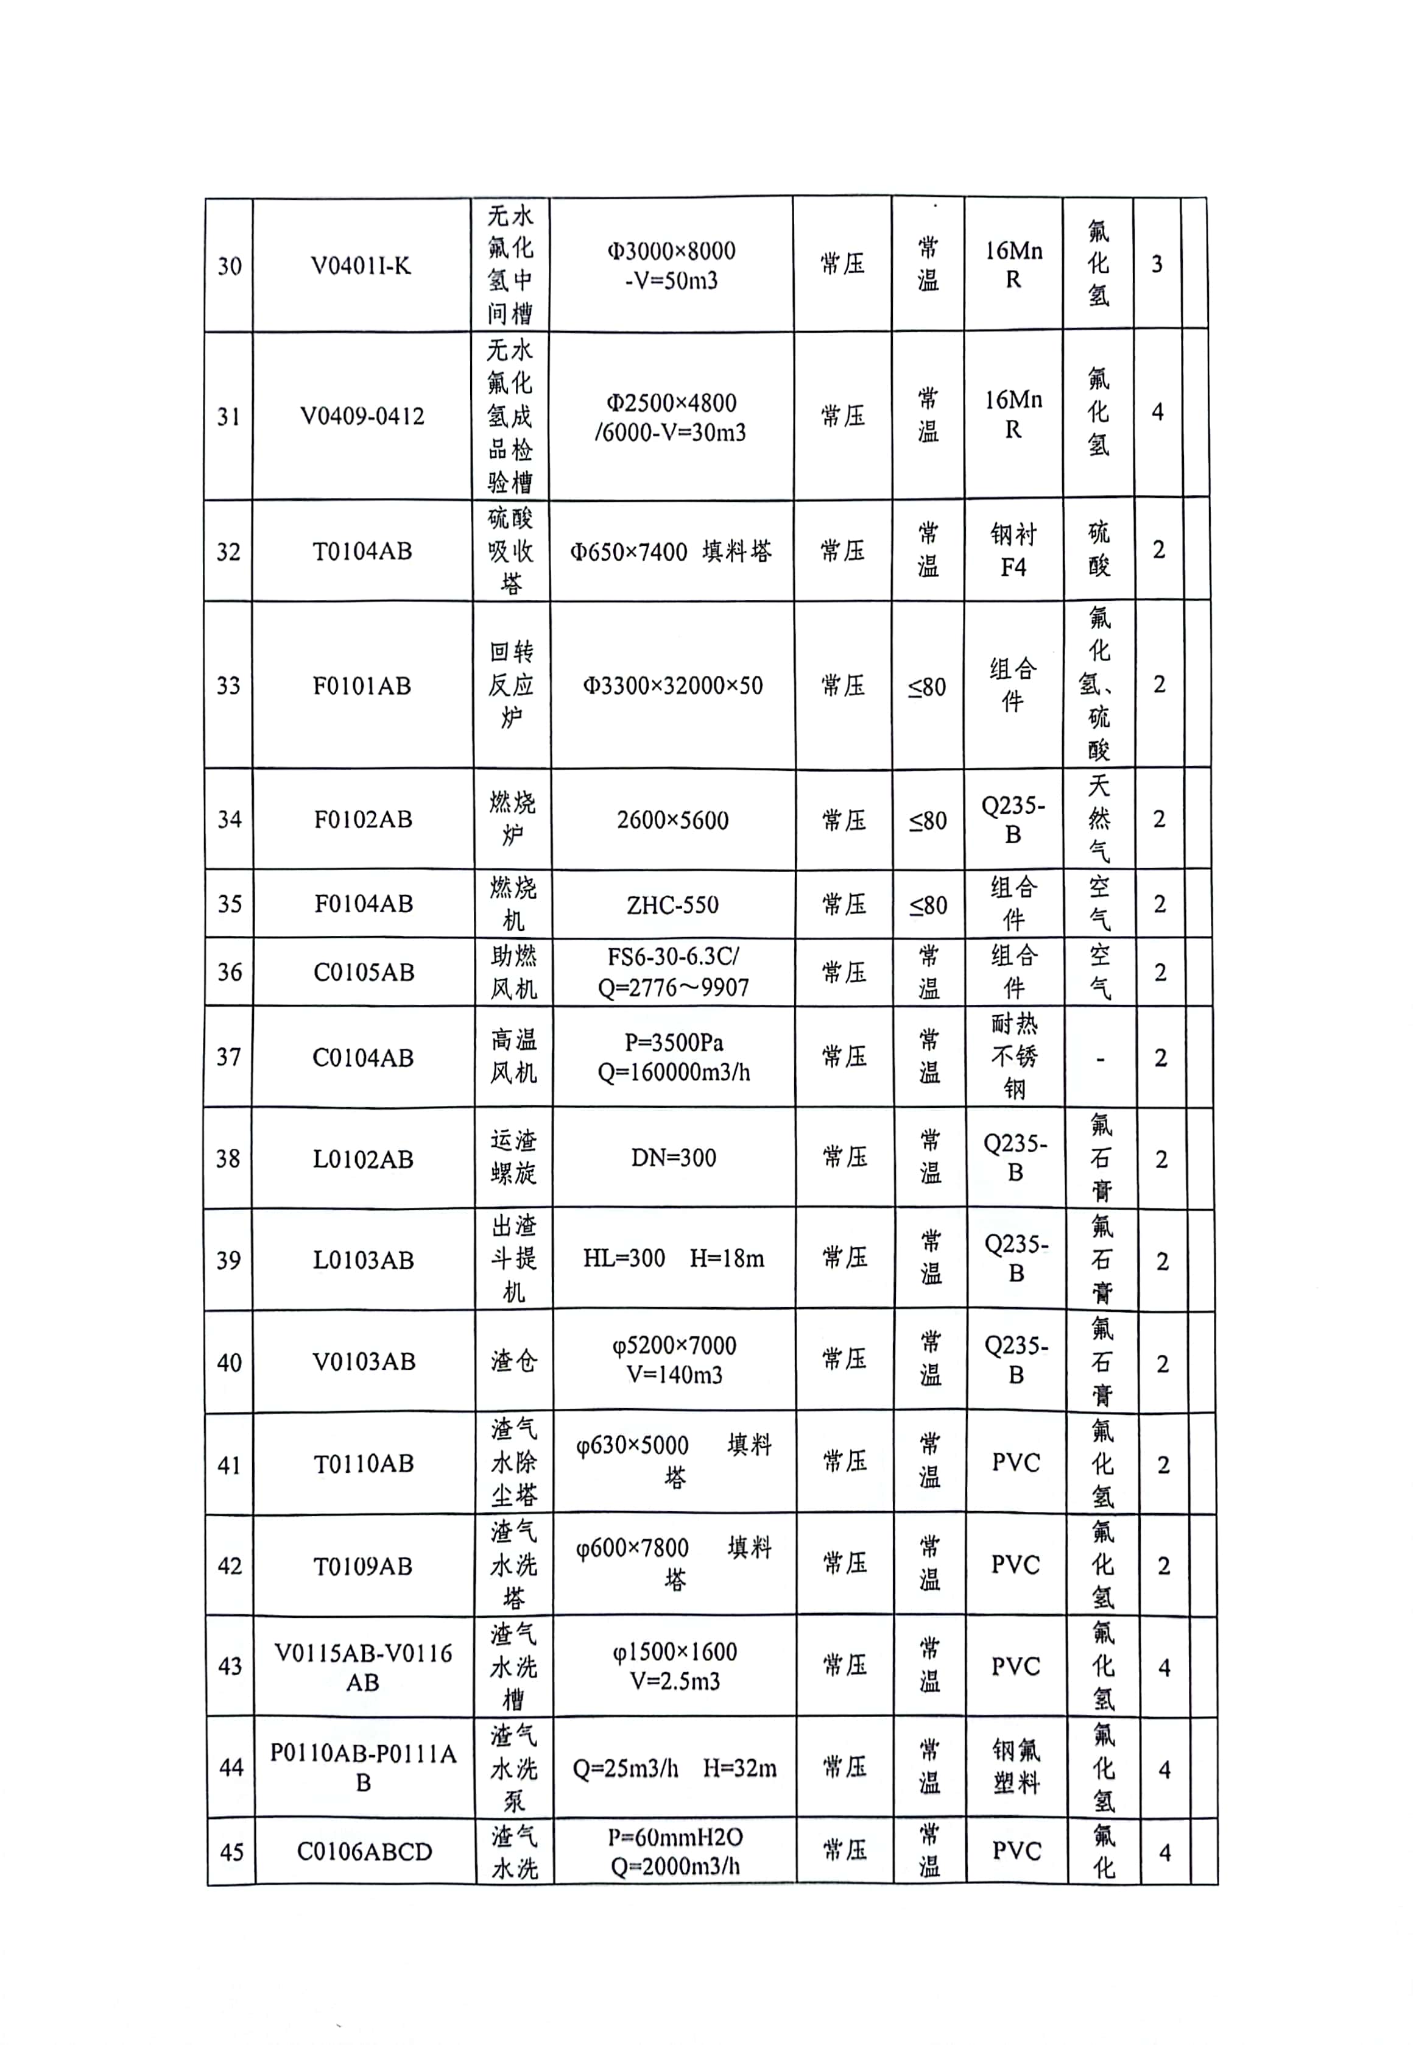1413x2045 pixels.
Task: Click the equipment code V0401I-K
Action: coord(361,266)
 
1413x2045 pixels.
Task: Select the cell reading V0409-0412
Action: coord(362,416)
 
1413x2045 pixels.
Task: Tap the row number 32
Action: coord(228,551)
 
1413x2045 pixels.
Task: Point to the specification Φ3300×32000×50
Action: coord(672,686)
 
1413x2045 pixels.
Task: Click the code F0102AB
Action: coord(363,819)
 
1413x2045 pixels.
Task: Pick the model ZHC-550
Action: coord(673,904)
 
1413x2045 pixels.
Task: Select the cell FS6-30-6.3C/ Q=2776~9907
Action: coord(673,971)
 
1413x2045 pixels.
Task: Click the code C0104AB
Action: coord(363,1057)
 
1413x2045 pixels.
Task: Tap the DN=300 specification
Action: coord(674,1158)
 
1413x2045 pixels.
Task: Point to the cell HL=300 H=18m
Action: coord(674,1258)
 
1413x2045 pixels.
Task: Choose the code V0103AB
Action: coord(364,1361)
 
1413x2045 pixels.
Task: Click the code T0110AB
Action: coord(364,1463)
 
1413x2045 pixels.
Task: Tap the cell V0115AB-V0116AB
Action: coord(363,1667)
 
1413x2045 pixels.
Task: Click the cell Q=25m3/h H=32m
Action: coord(675,1769)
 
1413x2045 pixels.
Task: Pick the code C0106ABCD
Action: coord(365,1852)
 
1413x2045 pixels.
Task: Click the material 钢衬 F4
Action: coord(1013,550)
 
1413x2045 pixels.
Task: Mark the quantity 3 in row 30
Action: coord(1156,264)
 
